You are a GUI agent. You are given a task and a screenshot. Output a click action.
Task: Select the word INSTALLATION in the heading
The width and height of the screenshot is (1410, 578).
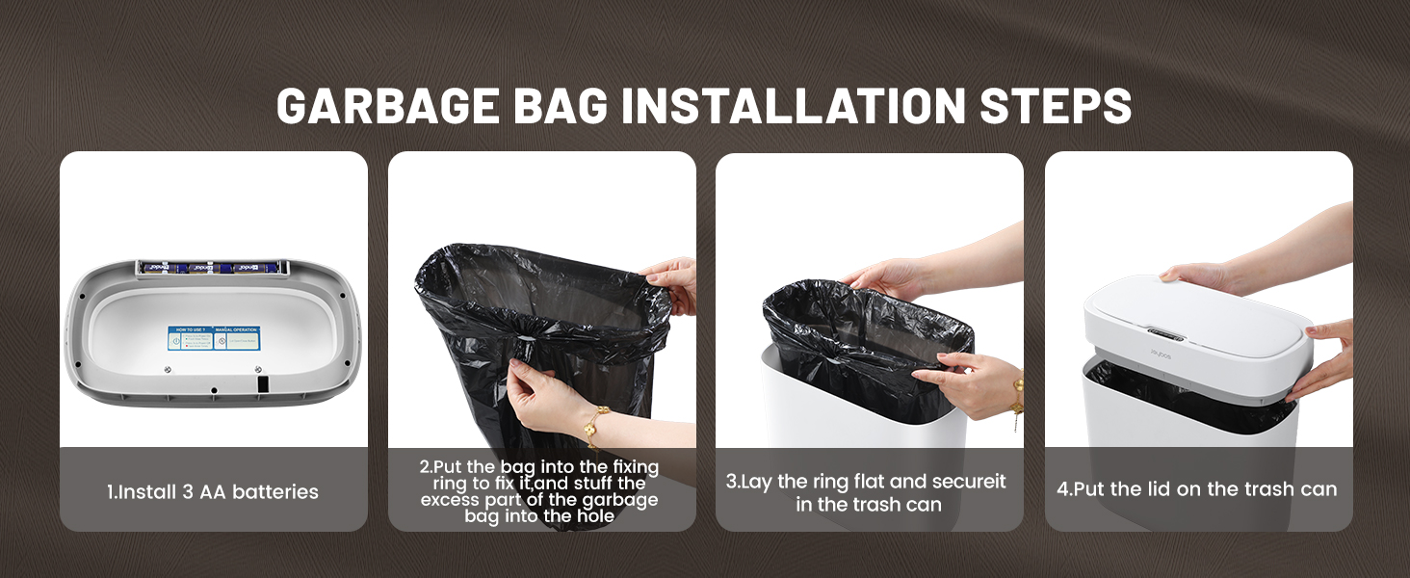(791, 105)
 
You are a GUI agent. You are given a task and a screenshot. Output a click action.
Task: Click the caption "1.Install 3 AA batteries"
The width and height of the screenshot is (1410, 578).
(213, 491)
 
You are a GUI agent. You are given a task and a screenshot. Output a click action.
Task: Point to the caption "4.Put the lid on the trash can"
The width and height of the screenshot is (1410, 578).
(1197, 489)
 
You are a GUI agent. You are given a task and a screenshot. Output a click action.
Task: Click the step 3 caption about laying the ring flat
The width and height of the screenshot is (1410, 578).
(869, 492)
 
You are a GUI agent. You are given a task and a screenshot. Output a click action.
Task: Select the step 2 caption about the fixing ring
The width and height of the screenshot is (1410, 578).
(539, 491)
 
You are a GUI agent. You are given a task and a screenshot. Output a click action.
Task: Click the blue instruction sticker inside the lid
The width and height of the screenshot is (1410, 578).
(214, 338)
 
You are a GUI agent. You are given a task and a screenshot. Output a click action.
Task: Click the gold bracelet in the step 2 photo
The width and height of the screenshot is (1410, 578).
(596, 425)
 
